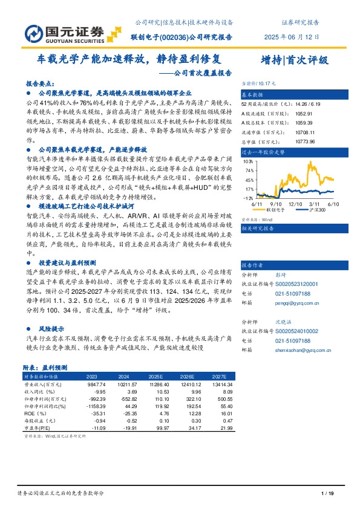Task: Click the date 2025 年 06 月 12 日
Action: [x=292, y=37]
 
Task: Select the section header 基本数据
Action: [x=253, y=96]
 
